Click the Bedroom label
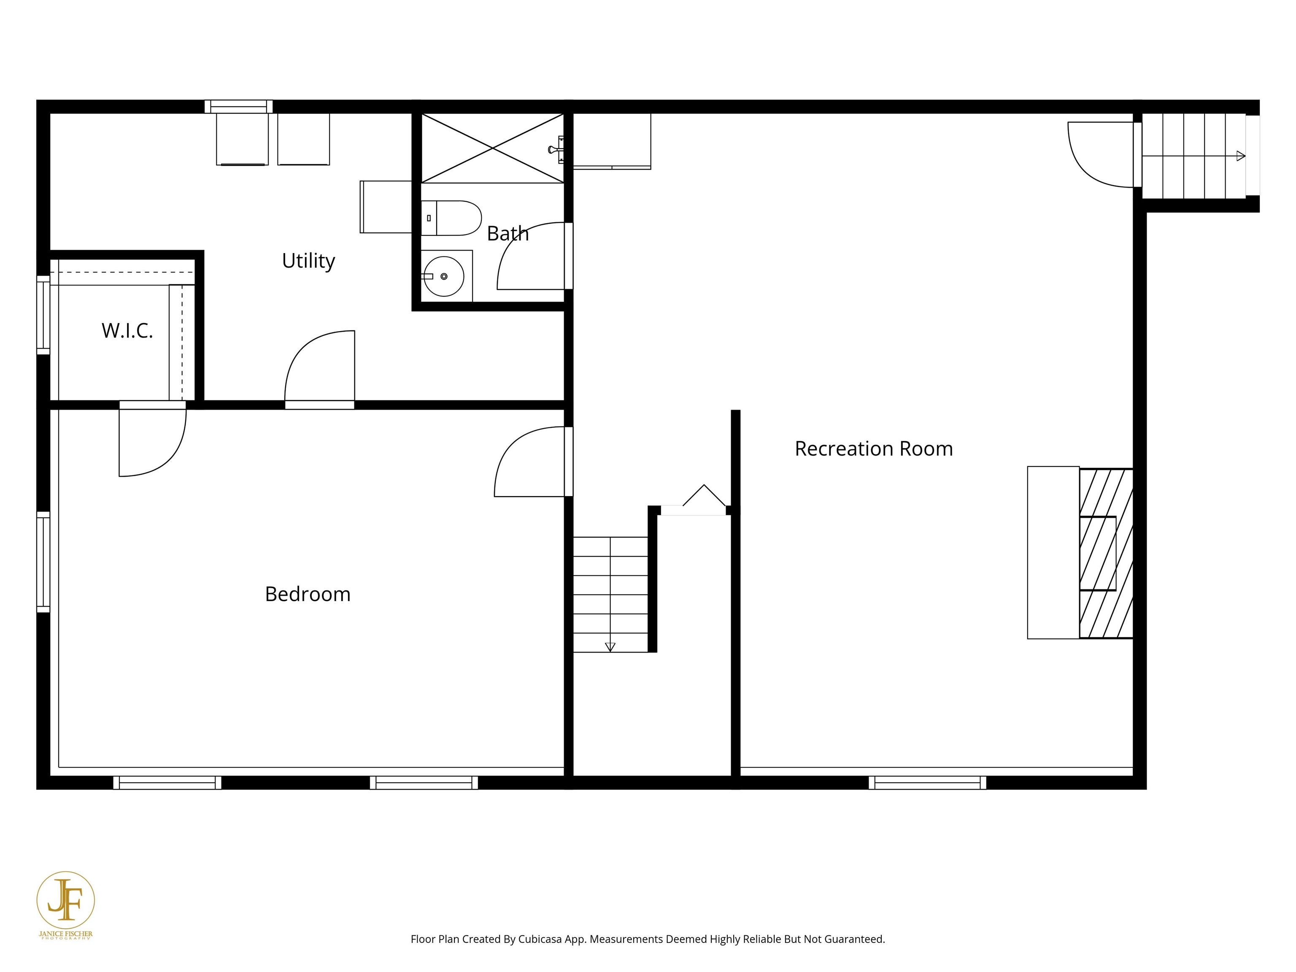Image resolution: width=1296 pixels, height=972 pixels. (x=308, y=594)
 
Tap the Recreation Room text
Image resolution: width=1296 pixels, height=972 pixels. (x=874, y=449)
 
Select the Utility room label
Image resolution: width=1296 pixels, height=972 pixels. (x=308, y=261)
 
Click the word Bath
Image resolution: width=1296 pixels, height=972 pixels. (x=508, y=233)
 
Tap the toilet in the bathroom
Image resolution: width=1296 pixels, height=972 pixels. (x=451, y=218)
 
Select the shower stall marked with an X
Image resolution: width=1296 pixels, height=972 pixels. (x=492, y=148)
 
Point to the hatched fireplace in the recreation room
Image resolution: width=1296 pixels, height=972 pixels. (x=1106, y=553)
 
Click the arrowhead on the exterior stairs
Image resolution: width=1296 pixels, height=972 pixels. (x=1240, y=156)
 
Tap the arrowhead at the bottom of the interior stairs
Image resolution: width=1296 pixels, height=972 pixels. (x=610, y=647)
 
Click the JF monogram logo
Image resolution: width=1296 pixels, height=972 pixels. (x=66, y=899)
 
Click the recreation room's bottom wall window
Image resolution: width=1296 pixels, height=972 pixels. (x=927, y=783)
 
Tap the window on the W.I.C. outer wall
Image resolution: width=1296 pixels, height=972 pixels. (x=43, y=315)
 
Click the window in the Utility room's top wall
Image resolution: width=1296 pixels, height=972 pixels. (x=238, y=107)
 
